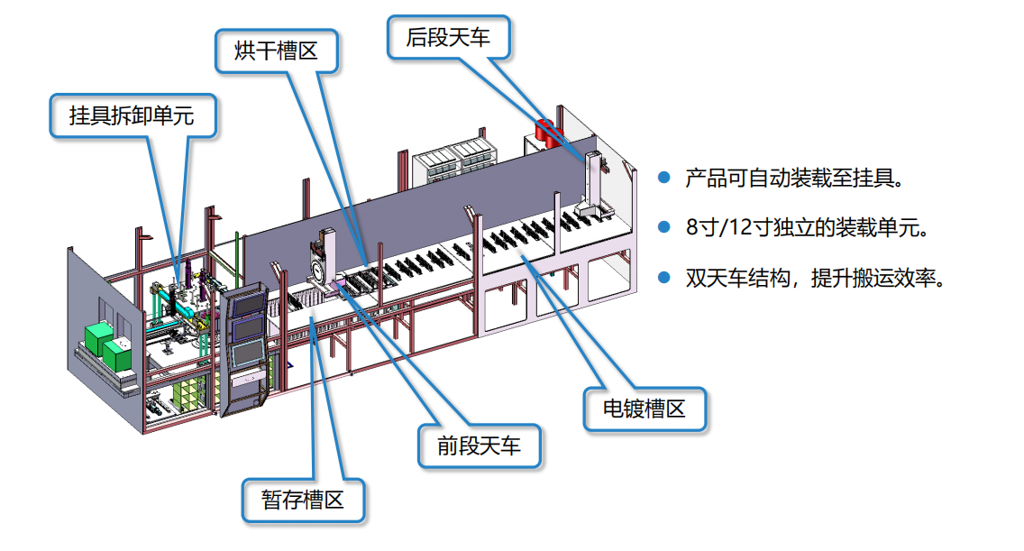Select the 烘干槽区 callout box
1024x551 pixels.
(x=277, y=51)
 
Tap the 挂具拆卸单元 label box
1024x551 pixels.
(x=133, y=115)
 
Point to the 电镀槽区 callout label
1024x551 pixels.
(x=645, y=409)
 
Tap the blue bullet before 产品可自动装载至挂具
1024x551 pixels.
(x=664, y=178)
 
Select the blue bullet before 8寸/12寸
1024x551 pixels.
(x=664, y=227)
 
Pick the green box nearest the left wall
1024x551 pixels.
(x=96, y=339)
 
